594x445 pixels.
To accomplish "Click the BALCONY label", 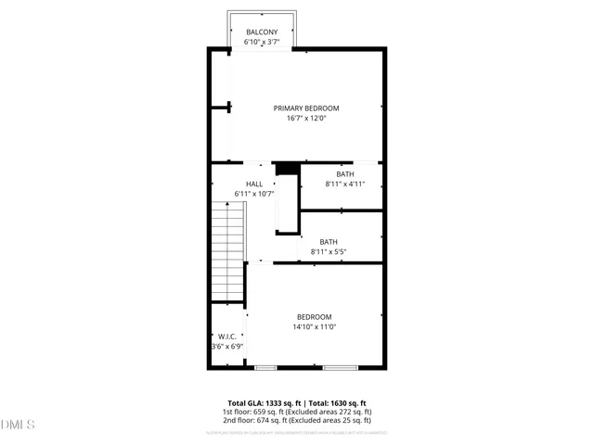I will pyautogui.click(x=262, y=32).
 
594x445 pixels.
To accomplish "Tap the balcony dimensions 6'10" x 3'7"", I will pyautogui.click(x=262, y=43).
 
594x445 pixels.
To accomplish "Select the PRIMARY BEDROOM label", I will pyautogui.click(x=306, y=108).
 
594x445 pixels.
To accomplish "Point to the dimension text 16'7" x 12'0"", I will pyautogui.click(x=306, y=119).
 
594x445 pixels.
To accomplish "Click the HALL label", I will pyautogui.click(x=254, y=184).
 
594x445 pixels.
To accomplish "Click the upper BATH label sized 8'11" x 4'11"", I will pyautogui.click(x=345, y=174).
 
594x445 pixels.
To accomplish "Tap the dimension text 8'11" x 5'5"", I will pyautogui.click(x=329, y=251).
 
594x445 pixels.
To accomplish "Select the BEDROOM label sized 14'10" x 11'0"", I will pyautogui.click(x=314, y=317).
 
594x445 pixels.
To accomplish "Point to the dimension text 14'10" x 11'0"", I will pyautogui.click(x=314, y=327).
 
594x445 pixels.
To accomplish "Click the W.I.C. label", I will pyautogui.click(x=226, y=337).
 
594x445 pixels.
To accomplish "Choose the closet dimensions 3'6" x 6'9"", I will pyautogui.click(x=226, y=347).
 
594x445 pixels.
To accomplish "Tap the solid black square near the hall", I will pyautogui.click(x=288, y=168).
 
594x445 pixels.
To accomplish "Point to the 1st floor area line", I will pyautogui.click(x=297, y=412).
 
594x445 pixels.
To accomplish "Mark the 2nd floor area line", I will pyautogui.click(x=297, y=420).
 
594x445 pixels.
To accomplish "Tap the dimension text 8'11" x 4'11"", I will pyautogui.click(x=345, y=184).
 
